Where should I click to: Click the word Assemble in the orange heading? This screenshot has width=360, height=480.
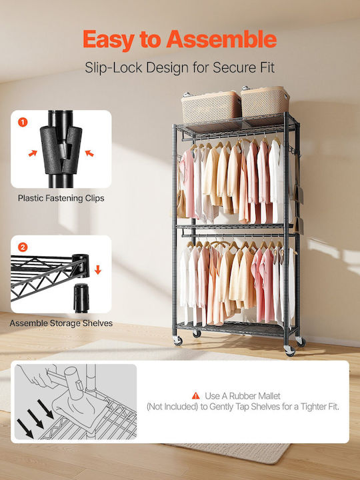tap(221, 40)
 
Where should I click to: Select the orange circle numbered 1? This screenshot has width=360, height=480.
tap(23, 123)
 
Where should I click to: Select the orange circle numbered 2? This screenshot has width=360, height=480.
tap(23, 247)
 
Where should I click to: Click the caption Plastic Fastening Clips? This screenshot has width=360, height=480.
tap(61, 199)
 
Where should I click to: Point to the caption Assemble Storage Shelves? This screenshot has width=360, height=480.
tap(61, 323)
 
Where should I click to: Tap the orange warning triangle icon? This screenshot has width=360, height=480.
tap(195, 396)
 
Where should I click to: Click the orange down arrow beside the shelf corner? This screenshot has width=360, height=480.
tap(97, 270)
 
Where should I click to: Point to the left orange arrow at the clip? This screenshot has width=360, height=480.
tap(33, 153)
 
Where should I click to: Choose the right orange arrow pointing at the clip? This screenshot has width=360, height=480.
tap(89, 153)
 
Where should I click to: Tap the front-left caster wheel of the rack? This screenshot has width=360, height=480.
tap(178, 341)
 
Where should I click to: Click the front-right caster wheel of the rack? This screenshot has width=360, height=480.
tap(289, 351)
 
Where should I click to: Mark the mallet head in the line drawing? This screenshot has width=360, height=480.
tap(74, 383)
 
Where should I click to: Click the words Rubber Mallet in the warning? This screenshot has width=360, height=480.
tap(255, 396)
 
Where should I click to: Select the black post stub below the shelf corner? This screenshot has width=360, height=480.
tap(81, 298)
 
